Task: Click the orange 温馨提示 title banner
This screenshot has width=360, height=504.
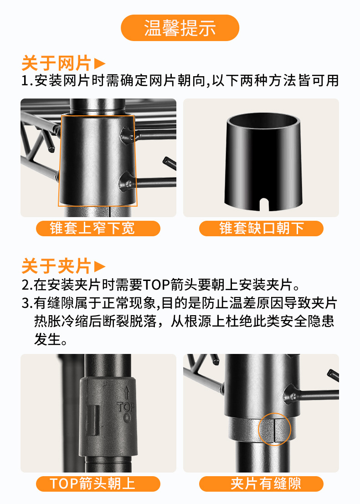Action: (180, 28)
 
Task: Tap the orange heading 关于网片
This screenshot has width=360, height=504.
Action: (57, 63)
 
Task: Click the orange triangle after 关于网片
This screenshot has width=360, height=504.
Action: (100, 63)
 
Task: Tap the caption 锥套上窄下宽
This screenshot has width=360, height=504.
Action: (98, 228)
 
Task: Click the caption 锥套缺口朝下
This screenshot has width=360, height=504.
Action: (261, 228)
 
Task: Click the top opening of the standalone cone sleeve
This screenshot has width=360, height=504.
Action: (263, 122)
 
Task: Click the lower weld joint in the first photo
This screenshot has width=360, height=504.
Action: (126, 182)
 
